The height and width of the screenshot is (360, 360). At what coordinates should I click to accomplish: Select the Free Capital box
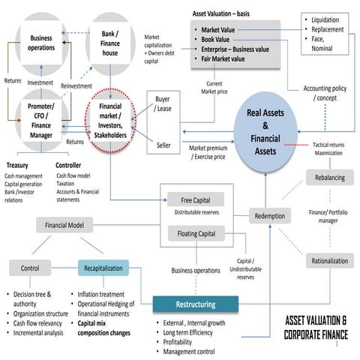click(195, 201)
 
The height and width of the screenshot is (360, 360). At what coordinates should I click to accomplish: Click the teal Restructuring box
click(195, 304)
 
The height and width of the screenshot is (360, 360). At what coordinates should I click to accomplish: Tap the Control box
click(30, 267)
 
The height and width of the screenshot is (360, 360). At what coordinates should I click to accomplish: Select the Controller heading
click(73, 165)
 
